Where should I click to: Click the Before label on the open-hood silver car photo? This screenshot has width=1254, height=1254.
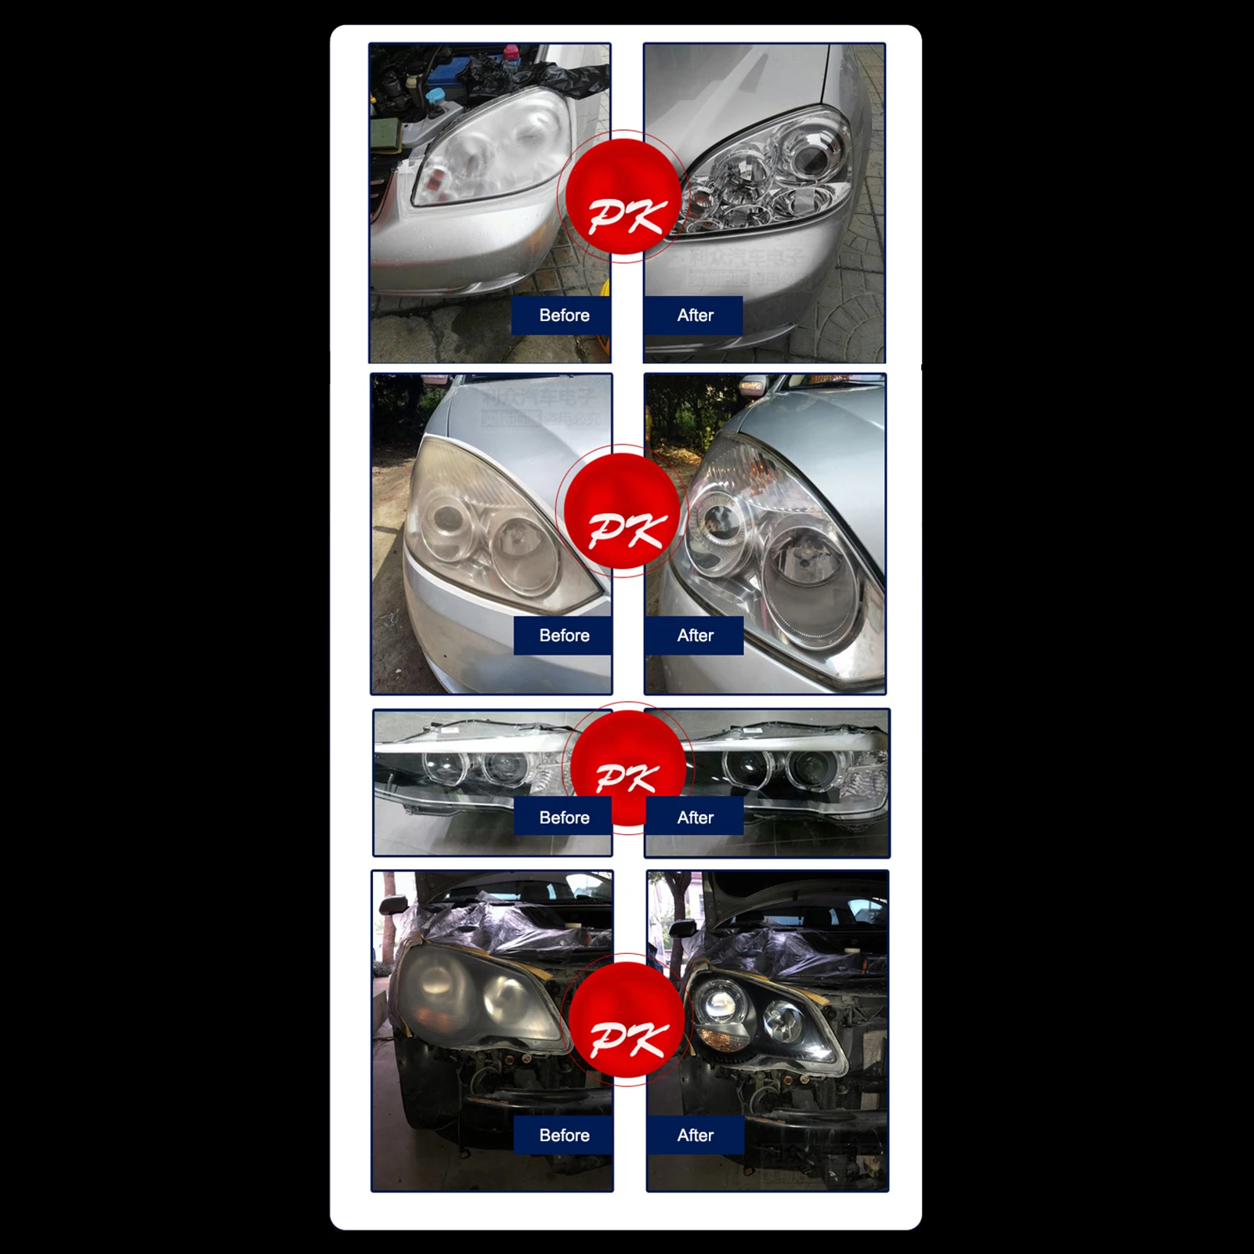563,316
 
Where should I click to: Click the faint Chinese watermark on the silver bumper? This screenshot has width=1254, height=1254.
744,266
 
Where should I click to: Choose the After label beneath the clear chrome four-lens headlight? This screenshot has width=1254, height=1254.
695,316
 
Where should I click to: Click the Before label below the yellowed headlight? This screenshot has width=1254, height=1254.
563,635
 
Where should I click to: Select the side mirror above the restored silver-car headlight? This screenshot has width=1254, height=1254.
753,385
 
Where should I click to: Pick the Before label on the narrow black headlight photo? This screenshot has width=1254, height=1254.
563,818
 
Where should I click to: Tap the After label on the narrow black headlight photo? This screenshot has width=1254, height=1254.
695,818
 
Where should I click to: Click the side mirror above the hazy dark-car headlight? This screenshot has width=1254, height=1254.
392,905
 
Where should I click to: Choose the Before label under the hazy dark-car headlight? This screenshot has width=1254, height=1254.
563,1135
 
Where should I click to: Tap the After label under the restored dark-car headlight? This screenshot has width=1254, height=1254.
695,1135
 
